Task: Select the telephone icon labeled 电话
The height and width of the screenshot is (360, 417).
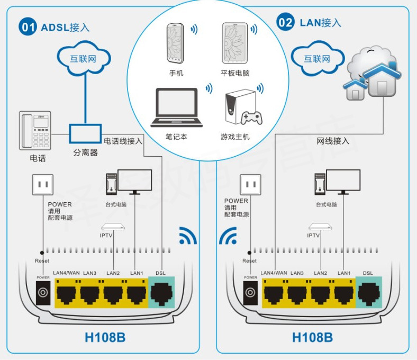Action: click(35, 130)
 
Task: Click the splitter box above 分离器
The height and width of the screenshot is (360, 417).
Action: click(85, 133)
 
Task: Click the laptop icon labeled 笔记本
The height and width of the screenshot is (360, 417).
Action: click(177, 107)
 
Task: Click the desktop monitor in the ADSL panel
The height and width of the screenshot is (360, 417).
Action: click(134, 181)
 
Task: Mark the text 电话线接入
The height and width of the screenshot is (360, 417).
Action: click(123, 141)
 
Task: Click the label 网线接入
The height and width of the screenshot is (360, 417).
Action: click(333, 141)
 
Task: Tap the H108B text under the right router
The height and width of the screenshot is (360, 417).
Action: click(312, 337)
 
